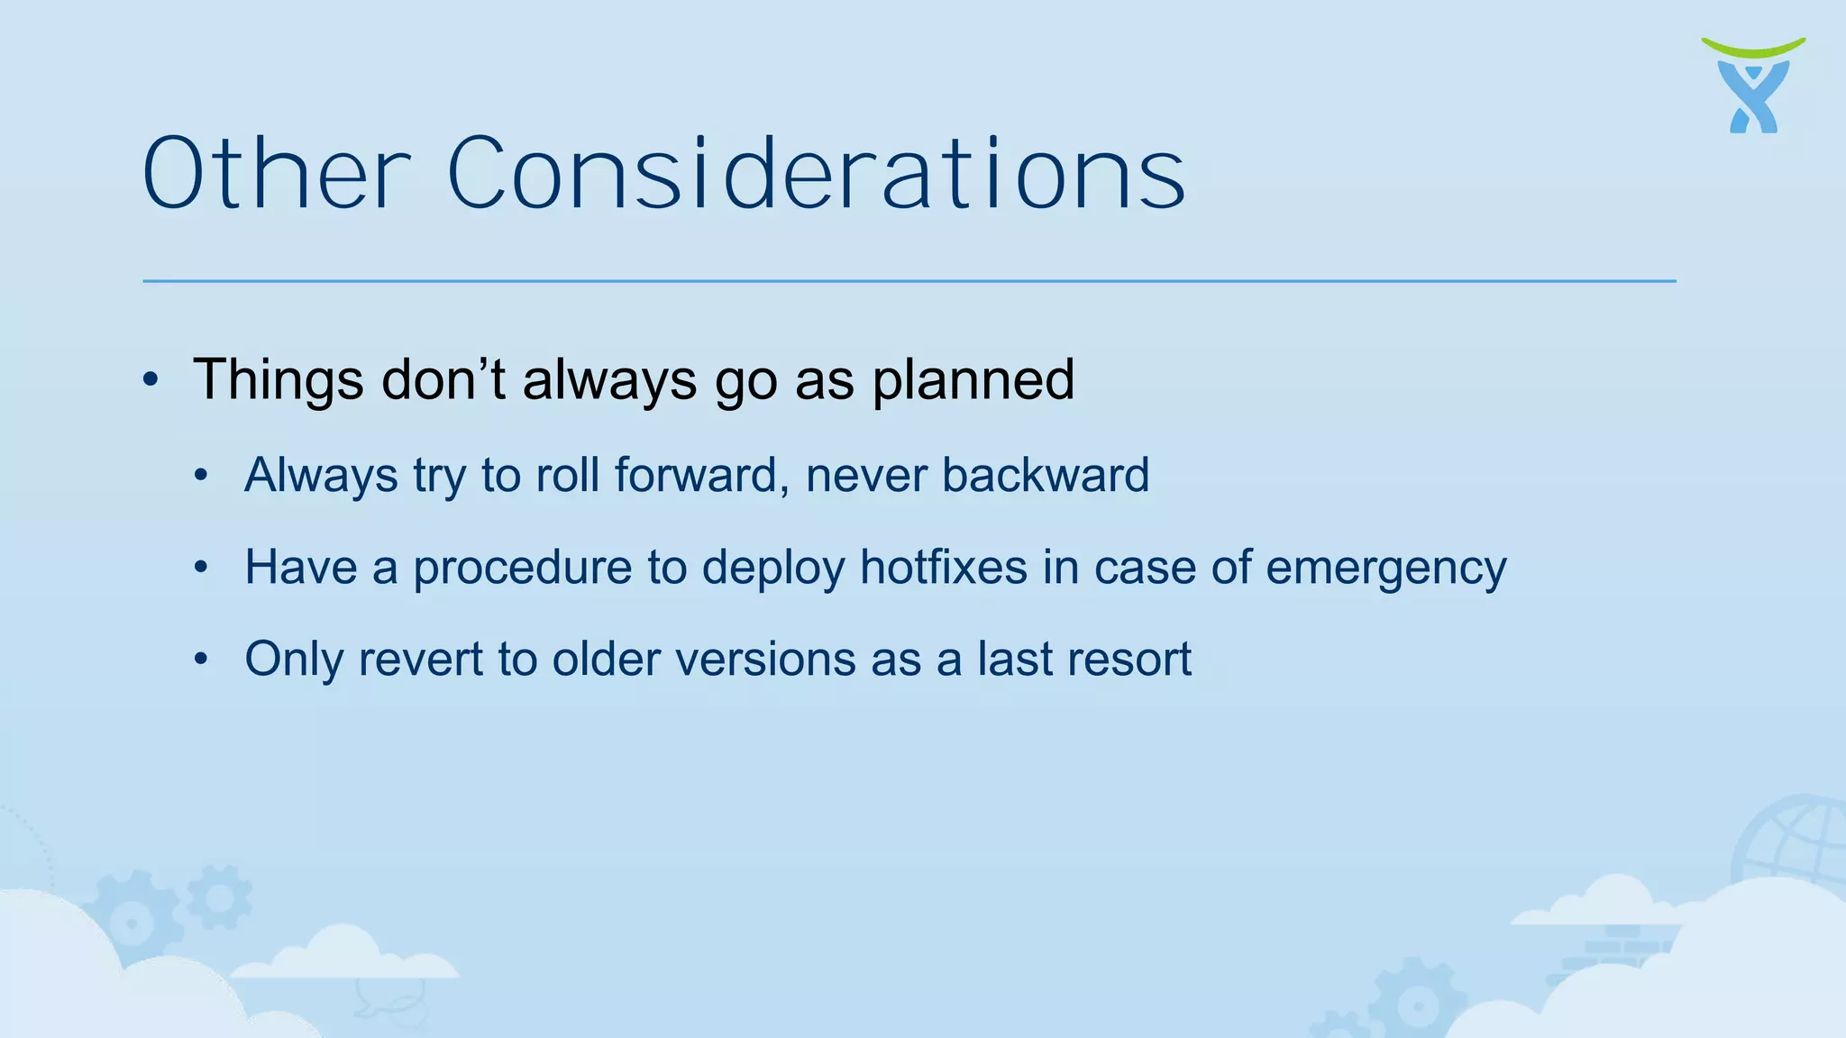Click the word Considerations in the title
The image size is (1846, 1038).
point(816,173)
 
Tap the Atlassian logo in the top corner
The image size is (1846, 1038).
point(1753,87)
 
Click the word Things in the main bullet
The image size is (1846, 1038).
point(279,379)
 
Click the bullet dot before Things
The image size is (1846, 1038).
point(151,379)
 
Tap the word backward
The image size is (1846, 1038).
point(1046,475)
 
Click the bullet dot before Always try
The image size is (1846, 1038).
point(201,475)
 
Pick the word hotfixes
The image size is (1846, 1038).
point(944,568)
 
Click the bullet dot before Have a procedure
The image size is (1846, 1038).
point(201,568)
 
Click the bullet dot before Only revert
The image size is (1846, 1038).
point(201,660)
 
